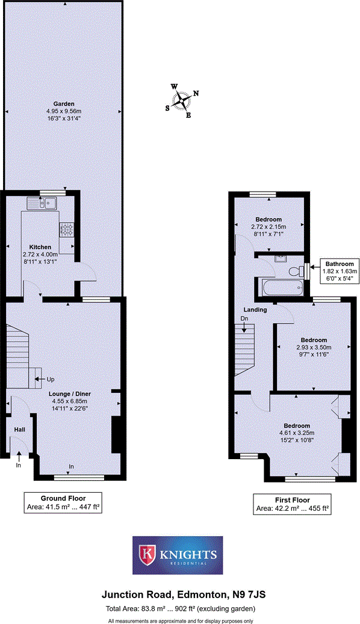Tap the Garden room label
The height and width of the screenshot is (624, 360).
tap(64, 103)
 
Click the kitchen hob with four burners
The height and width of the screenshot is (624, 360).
tap(66, 229)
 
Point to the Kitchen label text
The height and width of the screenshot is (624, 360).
tap(42, 247)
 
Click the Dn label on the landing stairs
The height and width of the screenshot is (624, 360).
tap(244, 319)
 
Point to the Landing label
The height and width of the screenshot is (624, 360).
tap(246, 310)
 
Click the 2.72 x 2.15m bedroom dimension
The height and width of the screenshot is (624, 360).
tap(268, 227)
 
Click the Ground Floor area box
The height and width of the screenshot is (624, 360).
tap(63, 503)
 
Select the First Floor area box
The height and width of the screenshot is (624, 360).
tap(292, 504)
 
